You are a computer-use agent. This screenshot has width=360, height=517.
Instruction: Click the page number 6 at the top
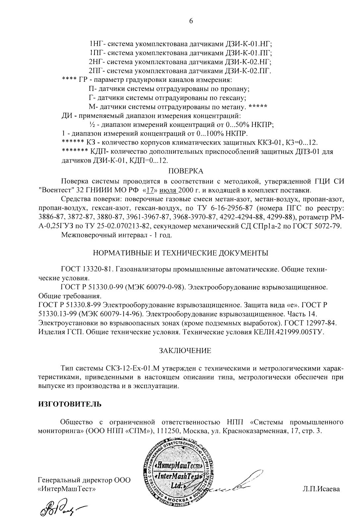(191, 21)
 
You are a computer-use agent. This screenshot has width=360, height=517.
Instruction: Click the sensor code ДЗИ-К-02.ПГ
(248, 71)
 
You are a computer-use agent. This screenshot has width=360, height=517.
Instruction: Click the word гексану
(234, 98)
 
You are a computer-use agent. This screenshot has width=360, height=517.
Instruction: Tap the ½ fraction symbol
(92, 125)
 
